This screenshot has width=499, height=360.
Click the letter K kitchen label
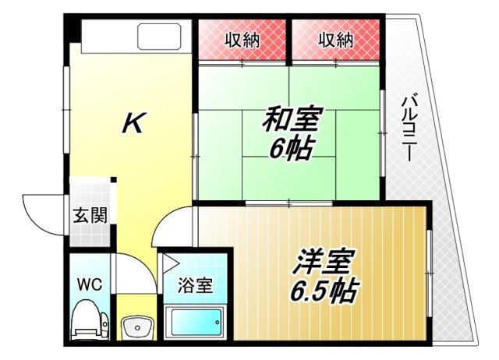[133, 123]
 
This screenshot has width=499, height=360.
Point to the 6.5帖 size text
[327, 291]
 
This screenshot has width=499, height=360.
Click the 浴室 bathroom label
[194, 286]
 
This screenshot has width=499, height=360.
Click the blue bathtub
[195, 323]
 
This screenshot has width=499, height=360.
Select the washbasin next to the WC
[136, 327]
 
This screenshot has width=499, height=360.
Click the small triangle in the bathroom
[170, 262]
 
